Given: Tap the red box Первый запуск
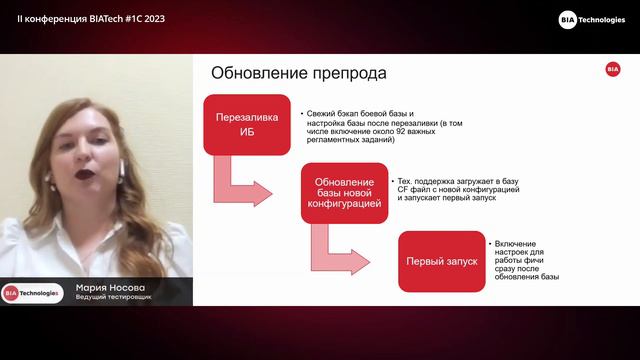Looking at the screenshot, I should click(441, 261).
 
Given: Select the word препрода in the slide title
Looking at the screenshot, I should click(352, 74).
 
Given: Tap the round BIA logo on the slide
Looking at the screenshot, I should click(612, 69).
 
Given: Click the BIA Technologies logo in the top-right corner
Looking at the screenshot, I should click(592, 20).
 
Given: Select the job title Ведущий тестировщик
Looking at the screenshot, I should click(114, 298).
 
